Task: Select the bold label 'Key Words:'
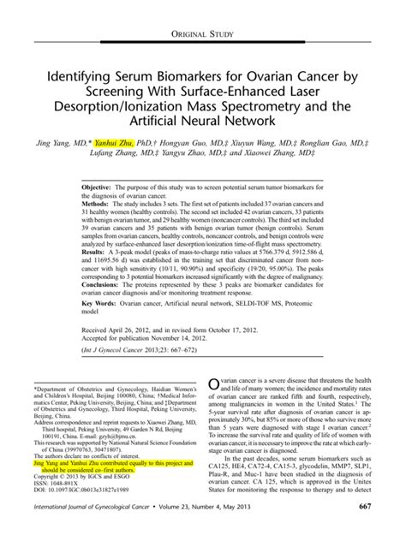pyautogui.click(x=101, y=329)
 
